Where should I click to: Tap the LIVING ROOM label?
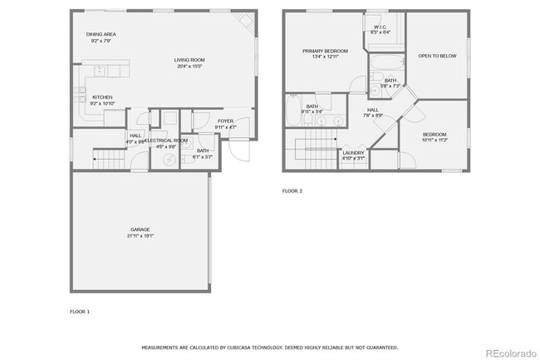[189, 60]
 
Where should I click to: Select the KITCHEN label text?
[102, 97]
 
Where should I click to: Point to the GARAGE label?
[140, 229]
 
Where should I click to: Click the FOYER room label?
[225, 121]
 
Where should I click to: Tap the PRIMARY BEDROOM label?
[324, 51]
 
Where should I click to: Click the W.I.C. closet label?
[380, 27]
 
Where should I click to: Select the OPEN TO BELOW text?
[437, 57]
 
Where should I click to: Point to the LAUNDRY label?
[353, 153]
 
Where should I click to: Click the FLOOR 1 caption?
[80, 311]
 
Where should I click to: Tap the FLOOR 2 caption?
[292, 191]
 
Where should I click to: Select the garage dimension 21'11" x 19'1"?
[140, 236]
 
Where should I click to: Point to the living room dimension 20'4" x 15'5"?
[189, 67]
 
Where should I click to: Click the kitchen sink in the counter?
[98, 70]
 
